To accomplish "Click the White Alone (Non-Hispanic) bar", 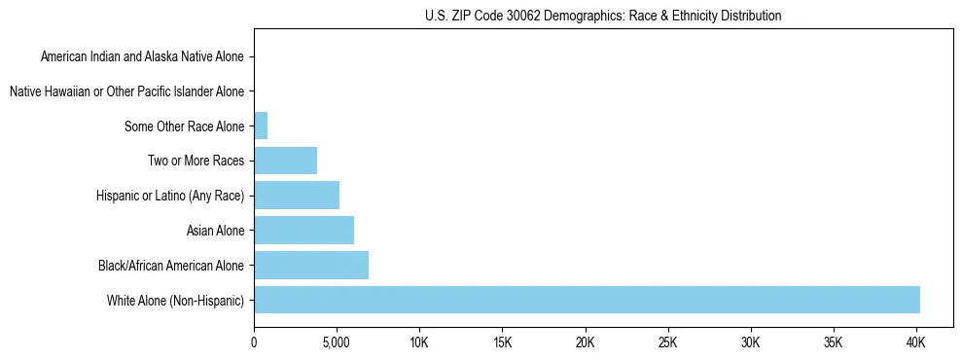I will coord(587,300).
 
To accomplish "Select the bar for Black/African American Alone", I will coord(311,265).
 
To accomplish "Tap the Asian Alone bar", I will coord(303,231).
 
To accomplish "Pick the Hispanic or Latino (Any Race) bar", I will coord(297,196).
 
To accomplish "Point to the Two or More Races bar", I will coord(285,161).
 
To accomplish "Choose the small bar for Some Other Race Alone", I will coord(261,126).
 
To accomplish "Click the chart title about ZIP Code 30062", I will coord(603,16).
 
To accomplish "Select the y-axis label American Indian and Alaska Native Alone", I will coord(142,57).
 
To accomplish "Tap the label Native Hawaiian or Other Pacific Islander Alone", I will coord(126,91).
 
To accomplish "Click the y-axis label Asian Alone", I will coord(215,231).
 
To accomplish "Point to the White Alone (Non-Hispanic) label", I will coord(176,300).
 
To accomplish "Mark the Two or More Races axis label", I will coord(196,161).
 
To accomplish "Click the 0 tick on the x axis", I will coord(254,342).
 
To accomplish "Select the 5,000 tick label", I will coord(337,342).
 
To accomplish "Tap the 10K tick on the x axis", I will coord(419,342).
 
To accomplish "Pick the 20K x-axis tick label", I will coord(585,342).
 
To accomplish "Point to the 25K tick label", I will coord(667,342).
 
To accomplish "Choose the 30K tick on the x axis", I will coord(750,342).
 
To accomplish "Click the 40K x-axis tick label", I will coord(915,342).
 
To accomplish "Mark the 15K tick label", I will coord(502,342).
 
